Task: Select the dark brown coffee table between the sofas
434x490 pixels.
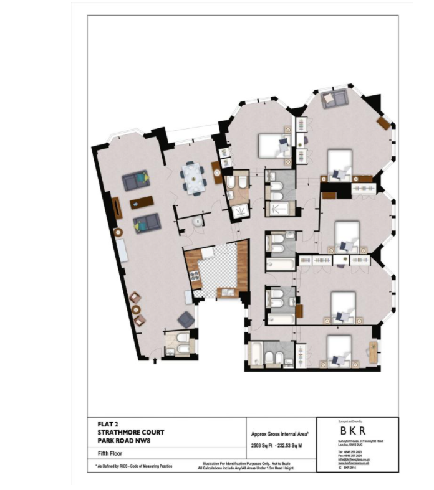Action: tap(142, 202)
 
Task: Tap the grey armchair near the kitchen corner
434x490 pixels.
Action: tap(186, 319)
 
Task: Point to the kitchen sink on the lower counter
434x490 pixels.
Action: tap(225, 291)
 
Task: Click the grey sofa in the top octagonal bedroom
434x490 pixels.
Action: tap(334, 98)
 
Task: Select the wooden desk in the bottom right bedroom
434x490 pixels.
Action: tap(374, 352)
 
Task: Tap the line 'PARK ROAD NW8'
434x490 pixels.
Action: tap(123, 441)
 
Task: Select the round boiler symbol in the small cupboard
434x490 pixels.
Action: tap(198, 221)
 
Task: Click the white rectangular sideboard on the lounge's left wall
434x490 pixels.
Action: tap(122, 252)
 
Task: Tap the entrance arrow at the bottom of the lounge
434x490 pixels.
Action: tap(155, 357)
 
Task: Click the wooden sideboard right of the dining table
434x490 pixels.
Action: tap(216, 172)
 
